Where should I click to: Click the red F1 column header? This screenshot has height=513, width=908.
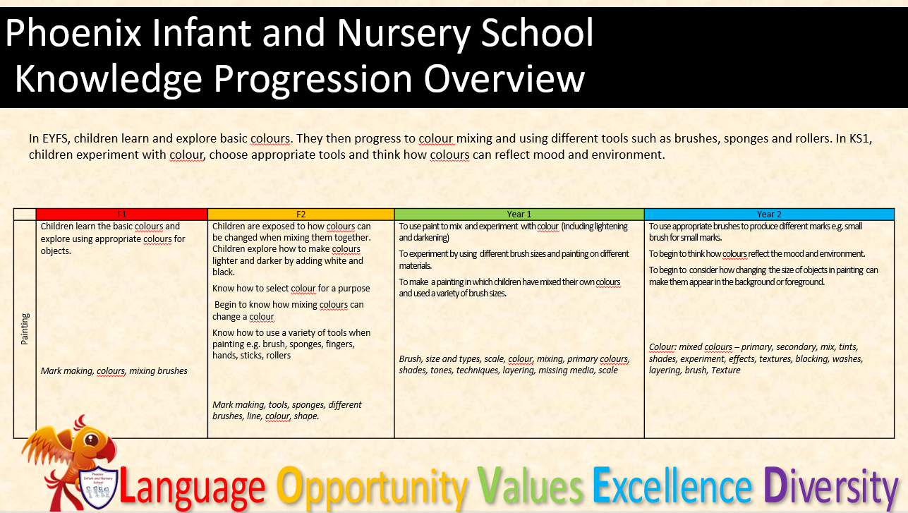(121, 214)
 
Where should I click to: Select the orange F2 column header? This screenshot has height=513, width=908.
(301, 214)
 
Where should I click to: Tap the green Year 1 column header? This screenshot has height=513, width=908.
(519, 214)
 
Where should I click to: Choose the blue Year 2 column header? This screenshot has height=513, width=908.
(770, 214)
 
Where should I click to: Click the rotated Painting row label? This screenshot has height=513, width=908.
(25, 329)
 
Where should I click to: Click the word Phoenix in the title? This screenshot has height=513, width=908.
(73, 33)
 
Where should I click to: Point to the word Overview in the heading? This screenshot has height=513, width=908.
(504, 78)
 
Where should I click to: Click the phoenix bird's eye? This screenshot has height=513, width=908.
(91, 439)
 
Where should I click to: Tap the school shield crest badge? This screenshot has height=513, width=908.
(97, 488)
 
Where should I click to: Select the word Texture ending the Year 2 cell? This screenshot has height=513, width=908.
(725, 370)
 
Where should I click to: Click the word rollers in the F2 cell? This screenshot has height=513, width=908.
(279, 355)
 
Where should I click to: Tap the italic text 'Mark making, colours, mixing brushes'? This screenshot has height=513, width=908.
(114, 371)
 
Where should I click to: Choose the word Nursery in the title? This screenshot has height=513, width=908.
(404, 34)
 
